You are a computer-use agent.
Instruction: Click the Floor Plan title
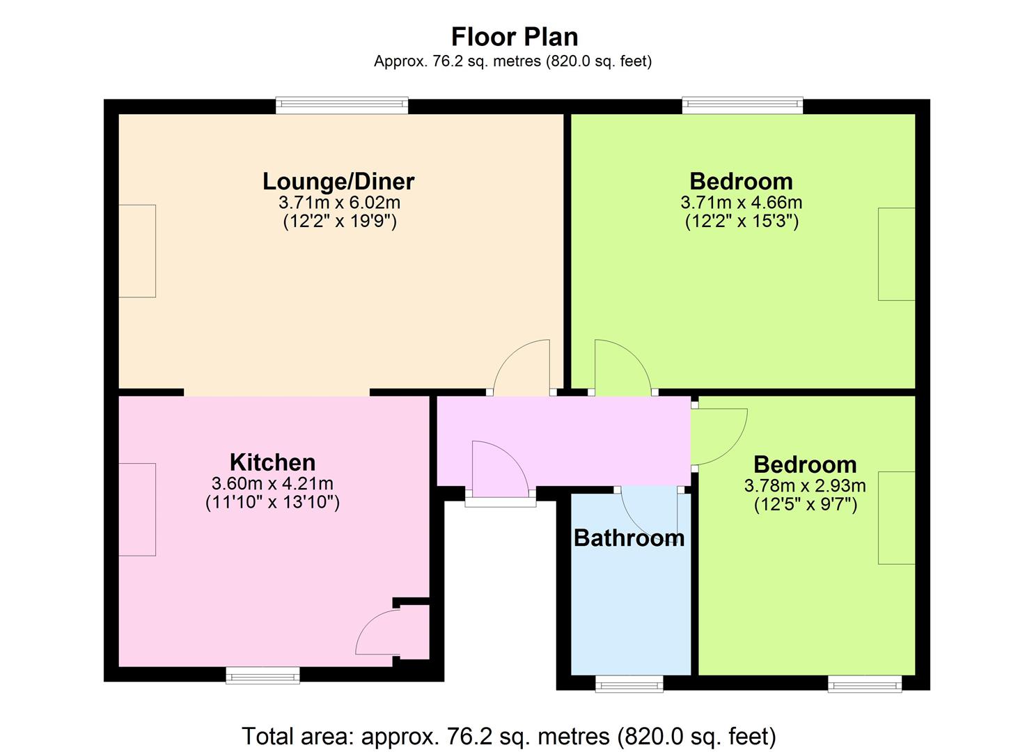515,37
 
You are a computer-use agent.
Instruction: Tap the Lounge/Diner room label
338,182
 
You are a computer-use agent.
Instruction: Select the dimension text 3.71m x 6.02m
339,202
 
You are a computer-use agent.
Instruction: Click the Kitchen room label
272,462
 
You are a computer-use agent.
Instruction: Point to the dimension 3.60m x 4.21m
272,483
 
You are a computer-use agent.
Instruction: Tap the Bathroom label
629,538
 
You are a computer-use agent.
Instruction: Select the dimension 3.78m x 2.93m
805,485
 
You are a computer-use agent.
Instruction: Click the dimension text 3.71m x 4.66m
742,202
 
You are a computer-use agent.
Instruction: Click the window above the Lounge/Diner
342,105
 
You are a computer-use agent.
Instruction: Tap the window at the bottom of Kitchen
263,675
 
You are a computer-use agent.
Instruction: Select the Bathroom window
629,684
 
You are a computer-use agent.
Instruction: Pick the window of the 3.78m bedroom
865,684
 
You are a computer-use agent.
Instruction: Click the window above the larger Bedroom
743,105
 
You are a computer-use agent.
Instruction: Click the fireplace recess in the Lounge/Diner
137,251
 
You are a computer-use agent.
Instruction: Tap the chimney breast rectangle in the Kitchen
137,510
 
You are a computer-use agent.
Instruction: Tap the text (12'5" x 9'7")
806,505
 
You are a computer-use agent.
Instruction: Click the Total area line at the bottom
509,736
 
